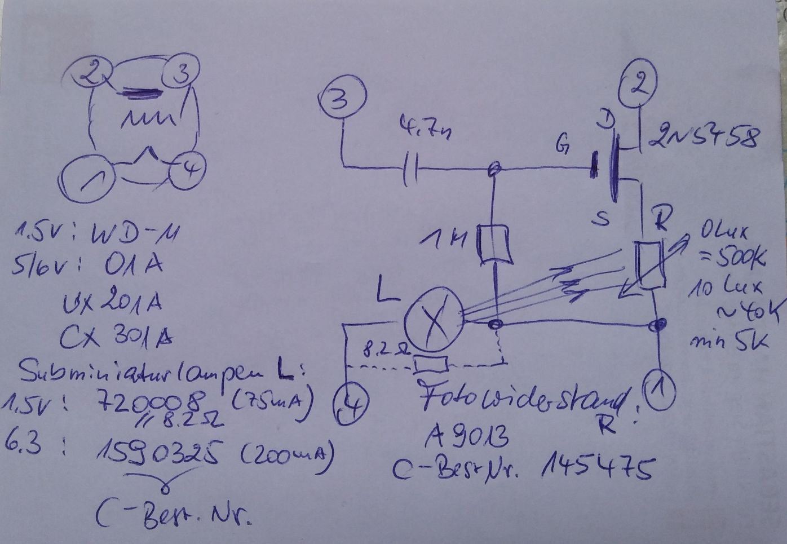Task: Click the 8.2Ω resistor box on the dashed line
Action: pyautogui.click(x=431, y=365)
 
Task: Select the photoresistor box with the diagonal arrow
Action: pyautogui.click(x=648, y=266)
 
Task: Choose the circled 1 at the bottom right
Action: pyautogui.click(x=658, y=387)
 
